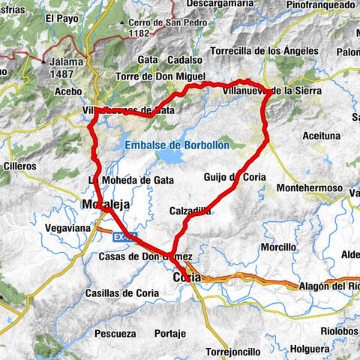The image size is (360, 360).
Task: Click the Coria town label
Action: [x=187, y=277]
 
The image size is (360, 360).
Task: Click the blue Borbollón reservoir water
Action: [x=173, y=158]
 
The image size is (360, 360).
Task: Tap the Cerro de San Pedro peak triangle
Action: [x=122, y=22]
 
